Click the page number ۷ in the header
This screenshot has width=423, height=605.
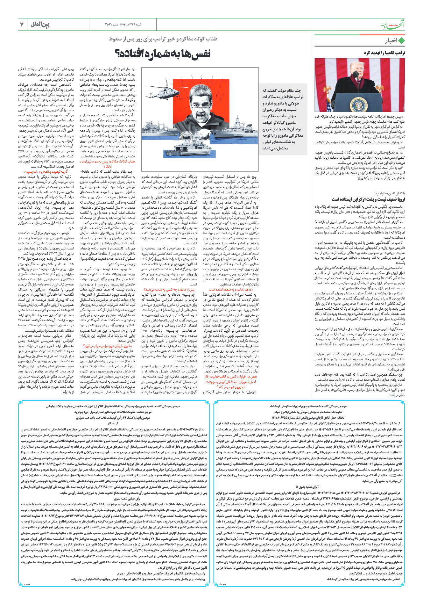[22, 25]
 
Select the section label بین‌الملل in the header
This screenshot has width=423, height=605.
[40, 25]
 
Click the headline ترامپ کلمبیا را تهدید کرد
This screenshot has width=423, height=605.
[384, 53]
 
